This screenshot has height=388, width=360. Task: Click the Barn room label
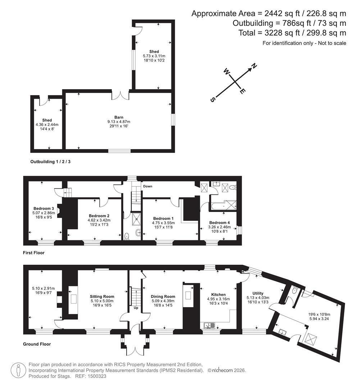[119, 117]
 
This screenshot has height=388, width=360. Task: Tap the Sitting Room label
[102, 296]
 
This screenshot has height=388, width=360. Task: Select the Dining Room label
[163, 296]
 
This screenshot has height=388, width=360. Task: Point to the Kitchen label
[218, 295]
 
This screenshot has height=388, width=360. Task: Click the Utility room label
[258, 293]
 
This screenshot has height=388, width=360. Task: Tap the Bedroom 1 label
[163, 218]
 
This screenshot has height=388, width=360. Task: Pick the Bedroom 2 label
[99, 216]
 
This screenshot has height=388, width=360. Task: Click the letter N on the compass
[254, 66]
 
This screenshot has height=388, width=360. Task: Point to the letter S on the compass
[213, 100]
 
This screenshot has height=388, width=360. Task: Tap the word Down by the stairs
[148, 186]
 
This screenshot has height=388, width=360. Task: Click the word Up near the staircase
[136, 308]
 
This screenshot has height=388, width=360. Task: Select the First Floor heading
[34, 253]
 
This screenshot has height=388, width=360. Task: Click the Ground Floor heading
[37, 344]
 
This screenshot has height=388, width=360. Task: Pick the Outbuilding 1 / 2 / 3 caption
[50, 162]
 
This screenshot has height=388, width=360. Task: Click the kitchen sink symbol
[210, 325]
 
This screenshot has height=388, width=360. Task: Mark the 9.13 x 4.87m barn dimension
[119, 122]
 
